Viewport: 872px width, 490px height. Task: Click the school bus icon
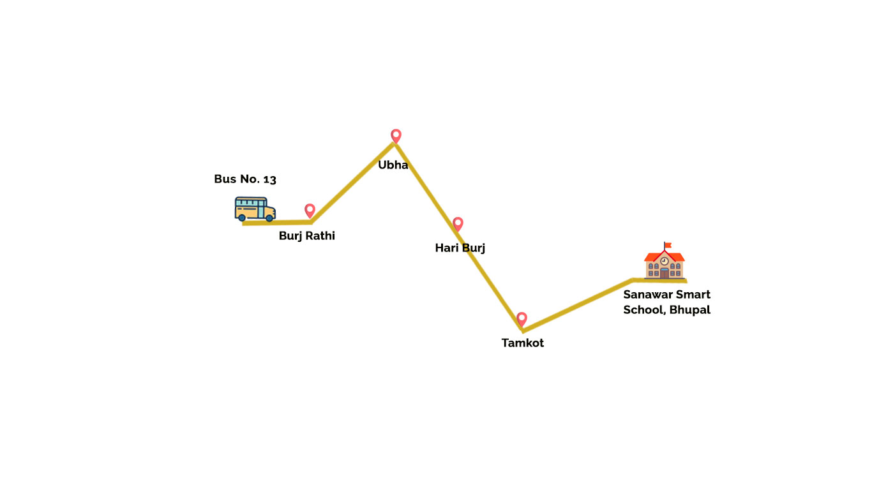click(x=255, y=209)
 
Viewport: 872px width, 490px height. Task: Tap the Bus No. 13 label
click(x=245, y=179)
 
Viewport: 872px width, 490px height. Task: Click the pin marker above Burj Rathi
click(x=310, y=210)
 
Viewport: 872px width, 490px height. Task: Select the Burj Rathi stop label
click(x=306, y=236)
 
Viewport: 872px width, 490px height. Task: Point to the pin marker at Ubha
click(x=396, y=135)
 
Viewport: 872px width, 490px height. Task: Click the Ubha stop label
click(x=393, y=165)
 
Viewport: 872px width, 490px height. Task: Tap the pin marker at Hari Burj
click(x=458, y=224)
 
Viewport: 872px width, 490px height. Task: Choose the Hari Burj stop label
click(x=460, y=248)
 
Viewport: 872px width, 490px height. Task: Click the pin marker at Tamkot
click(x=522, y=319)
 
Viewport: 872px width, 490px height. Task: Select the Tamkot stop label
click(x=522, y=343)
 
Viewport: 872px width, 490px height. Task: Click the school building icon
click(x=664, y=264)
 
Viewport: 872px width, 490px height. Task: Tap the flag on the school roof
click(x=668, y=245)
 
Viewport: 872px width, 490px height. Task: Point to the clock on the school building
click(x=665, y=261)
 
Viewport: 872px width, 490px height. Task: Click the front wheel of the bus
click(x=269, y=218)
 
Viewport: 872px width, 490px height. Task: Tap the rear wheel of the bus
click(x=242, y=218)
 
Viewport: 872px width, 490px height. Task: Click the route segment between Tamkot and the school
click(x=578, y=304)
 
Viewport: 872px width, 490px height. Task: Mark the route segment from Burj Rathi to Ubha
click(x=353, y=182)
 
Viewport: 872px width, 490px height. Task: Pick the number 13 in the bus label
click(x=269, y=179)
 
